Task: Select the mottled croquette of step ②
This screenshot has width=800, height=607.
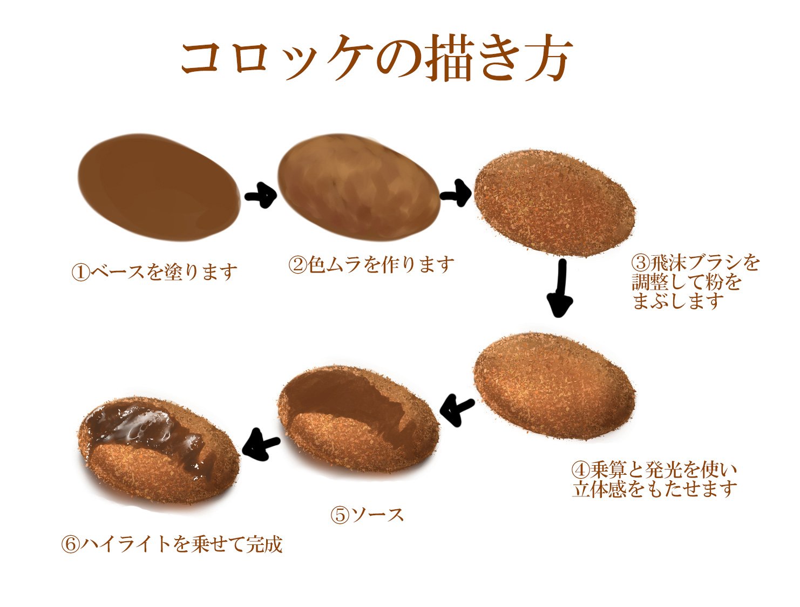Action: [358, 189]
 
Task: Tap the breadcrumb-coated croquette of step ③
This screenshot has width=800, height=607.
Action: [554, 202]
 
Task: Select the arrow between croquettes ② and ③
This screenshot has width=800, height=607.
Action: [457, 194]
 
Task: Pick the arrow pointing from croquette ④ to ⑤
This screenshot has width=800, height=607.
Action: [457, 410]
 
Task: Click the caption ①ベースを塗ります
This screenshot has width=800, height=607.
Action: [154, 271]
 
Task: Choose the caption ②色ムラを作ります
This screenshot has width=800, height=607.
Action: [371, 264]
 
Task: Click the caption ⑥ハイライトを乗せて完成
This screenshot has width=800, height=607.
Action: [172, 544]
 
